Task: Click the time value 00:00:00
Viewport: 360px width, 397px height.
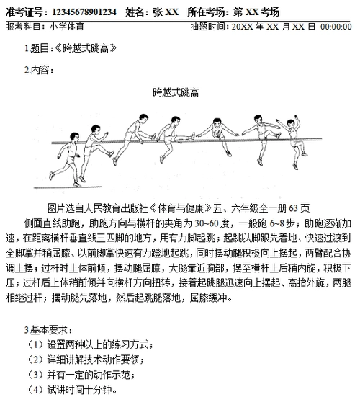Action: point(336,27)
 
